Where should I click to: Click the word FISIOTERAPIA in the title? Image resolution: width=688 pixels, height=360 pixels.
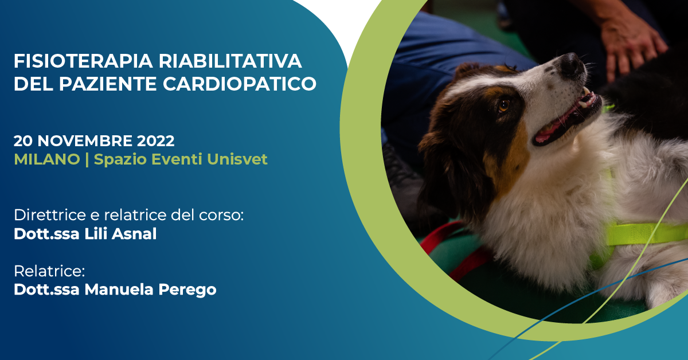(x=83, y=61)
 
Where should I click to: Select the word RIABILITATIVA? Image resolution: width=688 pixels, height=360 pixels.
(x=230, y=61)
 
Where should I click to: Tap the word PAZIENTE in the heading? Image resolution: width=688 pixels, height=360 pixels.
(x=108, y=84)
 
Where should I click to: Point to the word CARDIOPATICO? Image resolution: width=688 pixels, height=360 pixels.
(x=240, y=84)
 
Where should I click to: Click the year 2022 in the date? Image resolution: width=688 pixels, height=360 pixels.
(x=155, y=141)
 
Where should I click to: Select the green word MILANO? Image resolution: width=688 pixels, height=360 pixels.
(x=47, y=159)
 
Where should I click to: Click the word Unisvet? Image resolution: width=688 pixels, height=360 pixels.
(x=237, y=159)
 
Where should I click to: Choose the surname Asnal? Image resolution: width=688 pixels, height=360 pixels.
(x=134, y=234)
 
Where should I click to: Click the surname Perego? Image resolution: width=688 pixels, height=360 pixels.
(x=187, y=290)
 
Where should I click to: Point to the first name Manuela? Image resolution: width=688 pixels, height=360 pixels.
(x=119, y=289)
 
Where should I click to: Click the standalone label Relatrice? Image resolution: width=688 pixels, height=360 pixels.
(x=49, y=271)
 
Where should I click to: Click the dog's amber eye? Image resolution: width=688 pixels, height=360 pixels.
(x=504, y=105)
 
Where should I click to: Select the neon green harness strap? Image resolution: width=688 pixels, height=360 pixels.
(x=645, y=234)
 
